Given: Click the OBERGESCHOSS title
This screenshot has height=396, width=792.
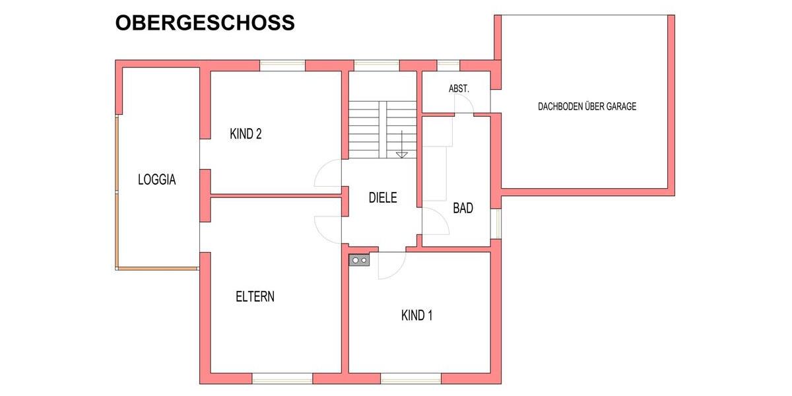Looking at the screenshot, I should coord(205,22).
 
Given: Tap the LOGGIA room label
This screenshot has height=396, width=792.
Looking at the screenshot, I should coord(156,179).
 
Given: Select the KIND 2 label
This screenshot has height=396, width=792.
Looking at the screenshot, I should coord(246,134).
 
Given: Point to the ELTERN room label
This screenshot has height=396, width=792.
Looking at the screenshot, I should coord(255,296).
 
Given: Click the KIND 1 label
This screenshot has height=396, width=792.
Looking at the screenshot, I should coord(416,315).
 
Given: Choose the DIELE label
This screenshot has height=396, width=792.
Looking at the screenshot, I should coord(383,197).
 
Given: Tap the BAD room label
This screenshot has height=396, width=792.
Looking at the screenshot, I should coord(463,208).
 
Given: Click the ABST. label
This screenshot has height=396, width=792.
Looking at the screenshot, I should coord(459,88).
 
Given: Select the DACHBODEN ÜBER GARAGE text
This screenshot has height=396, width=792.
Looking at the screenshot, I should coord(587,106).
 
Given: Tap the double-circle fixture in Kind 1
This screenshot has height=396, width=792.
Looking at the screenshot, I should coord(360,260).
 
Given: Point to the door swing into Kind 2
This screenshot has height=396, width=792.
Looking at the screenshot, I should coord(328,176).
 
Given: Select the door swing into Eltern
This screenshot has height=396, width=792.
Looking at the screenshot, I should coord(328,228).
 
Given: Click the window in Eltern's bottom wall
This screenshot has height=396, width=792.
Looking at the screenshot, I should coord(282,378).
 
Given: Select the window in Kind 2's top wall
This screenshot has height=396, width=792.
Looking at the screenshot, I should coord(282,65).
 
